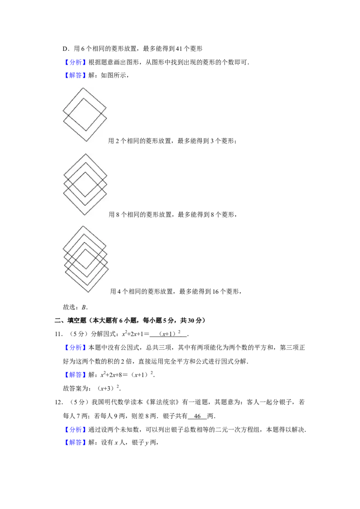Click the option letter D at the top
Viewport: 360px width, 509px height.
pos(65,49)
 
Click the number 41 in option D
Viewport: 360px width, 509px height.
pos(179,49)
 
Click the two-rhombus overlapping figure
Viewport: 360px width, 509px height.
pos(85,115)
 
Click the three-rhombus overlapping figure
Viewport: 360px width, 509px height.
pos(85,184)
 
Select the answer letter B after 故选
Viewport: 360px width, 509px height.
pos(84,307)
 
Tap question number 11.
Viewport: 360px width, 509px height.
pos(58,334)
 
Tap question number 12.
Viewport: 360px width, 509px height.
pos(58,402)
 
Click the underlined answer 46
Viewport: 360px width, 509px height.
pos(197,416)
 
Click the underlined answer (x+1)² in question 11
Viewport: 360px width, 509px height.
pos(170,334)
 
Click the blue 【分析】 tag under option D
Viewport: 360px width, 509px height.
pos(75,63)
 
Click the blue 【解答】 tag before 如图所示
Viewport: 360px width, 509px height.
pos(75,75)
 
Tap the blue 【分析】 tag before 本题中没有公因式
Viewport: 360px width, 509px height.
pos(75,348)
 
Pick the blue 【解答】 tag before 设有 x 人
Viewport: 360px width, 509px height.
pos(75,442)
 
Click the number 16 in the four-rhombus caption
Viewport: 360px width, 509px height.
pos(216,291)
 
